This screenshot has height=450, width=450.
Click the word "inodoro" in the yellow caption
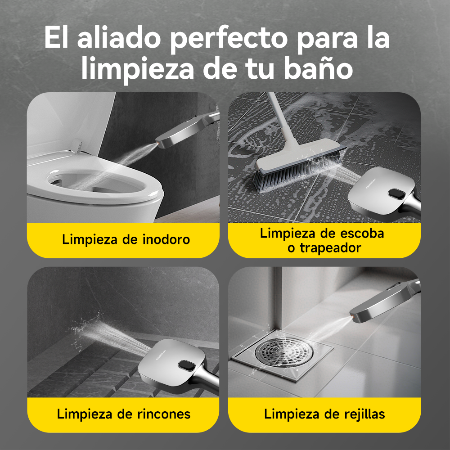tap(166, 239)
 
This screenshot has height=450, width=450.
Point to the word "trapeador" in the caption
tap(330, 247)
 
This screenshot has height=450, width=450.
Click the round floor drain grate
tap(283, 351)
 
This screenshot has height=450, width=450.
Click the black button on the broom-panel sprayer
tap(396, 194)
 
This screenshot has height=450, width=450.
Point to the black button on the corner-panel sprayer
tap(187, 365)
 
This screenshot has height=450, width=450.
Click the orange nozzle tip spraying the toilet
tap(157, 142)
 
